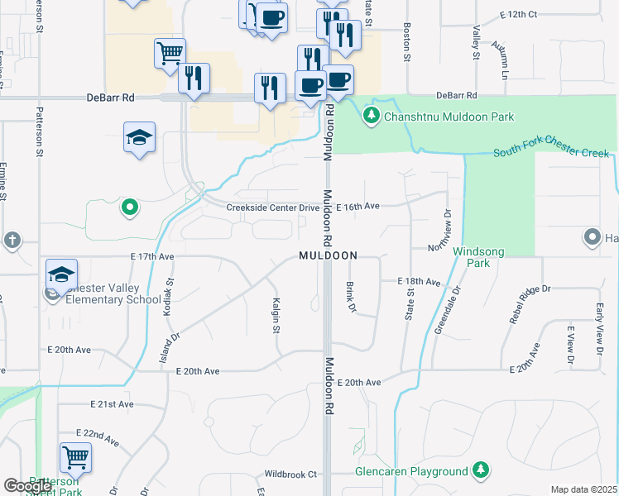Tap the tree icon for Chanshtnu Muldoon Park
pyautogui.click(x=372, y=116)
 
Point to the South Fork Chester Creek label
pyautogui.click(x=550, y=153)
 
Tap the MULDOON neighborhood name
pyautogui.click(x=329, y=256)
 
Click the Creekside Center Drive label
pyautogui.click(x=272, y=207)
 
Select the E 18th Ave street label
pyautogui.click(x=419, y=282)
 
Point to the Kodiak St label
pyautogui.click(x=169, y=292)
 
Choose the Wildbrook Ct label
pyautogui.click(x=290, y=475)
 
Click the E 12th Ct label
pyautogui.click(x=519, y=15)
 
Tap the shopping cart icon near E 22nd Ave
pyautogui.click(x=75, y=456)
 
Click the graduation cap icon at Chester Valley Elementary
pyautogui.click(x=61, y=273)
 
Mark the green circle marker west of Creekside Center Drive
pyautogui.click(x=128, y=207)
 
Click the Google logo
pyautogui.click(x=27, y=486)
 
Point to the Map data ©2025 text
pyautogui.click(x=583, y=489)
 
